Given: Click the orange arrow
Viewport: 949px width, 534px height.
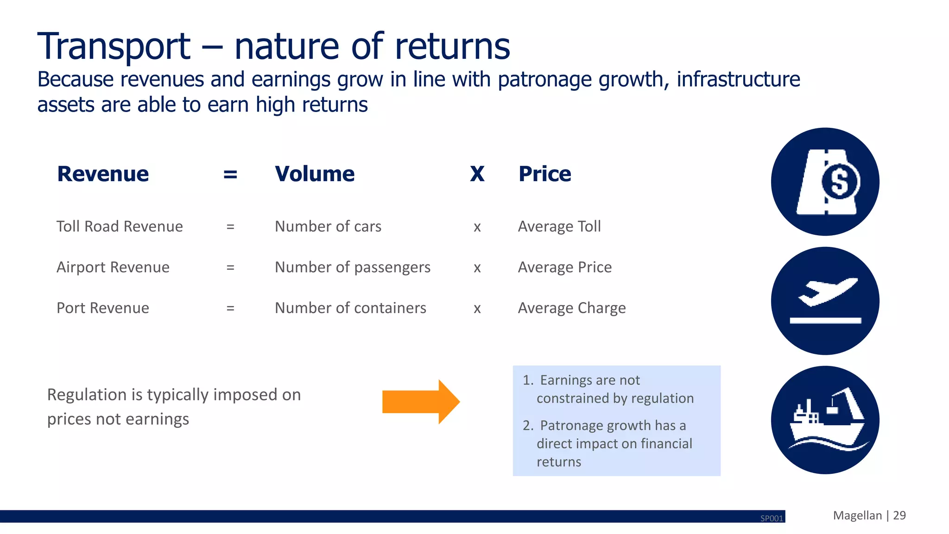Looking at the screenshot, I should (420, 402).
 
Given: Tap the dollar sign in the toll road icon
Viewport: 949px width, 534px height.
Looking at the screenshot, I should (840, 182).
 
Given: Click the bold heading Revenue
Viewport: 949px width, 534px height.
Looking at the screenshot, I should (103, 174).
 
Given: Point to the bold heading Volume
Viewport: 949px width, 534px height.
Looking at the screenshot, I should (315, 174).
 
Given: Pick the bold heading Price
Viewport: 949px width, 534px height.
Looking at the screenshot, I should (544, 174).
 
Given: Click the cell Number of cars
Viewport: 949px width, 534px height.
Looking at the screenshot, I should (328, 226).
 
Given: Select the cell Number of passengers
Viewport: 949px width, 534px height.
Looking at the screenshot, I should (352, 267).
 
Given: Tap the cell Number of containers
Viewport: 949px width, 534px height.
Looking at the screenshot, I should (350, 308).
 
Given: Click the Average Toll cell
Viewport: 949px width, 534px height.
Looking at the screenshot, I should (559, 226).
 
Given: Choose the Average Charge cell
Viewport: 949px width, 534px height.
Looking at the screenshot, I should (571, 308).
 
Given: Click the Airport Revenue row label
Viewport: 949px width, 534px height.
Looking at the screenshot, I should (113, 267).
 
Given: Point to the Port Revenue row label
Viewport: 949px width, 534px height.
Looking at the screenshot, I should (103, 308).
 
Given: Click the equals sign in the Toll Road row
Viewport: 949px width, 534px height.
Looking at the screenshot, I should (230, 227).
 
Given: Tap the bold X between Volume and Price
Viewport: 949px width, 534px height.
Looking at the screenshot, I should (477, 175).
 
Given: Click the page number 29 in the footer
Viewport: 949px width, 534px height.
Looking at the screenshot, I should (899, 515).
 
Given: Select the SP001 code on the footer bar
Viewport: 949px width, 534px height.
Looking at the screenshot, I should (772, 518).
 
